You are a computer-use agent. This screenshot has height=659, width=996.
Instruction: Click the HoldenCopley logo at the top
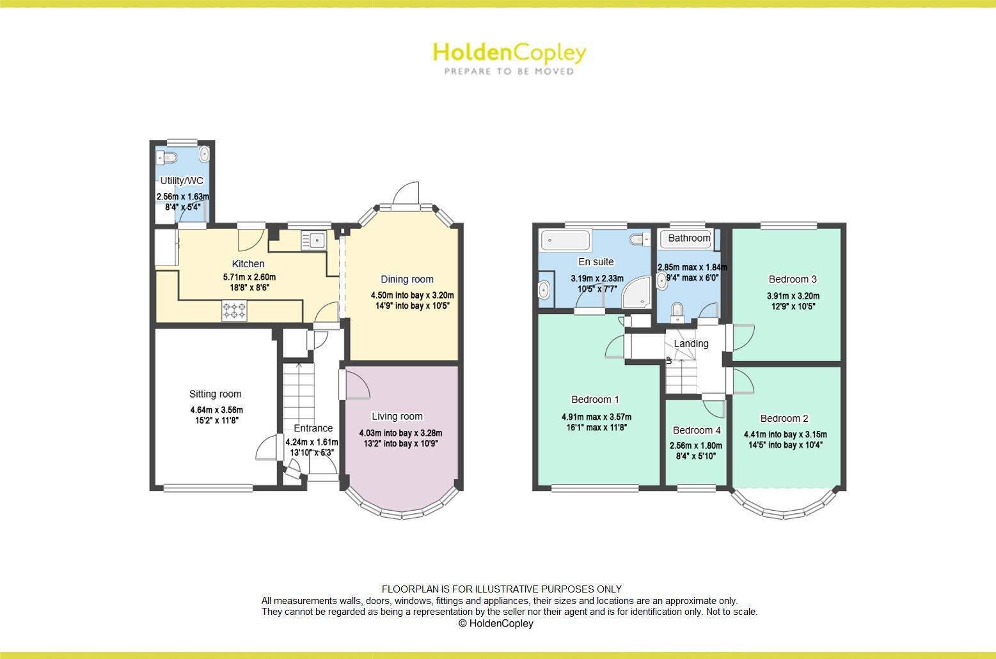pos(509,52)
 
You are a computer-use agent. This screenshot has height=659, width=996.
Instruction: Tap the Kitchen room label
pos(248,264)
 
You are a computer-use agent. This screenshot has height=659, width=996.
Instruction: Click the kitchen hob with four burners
pos(234,312)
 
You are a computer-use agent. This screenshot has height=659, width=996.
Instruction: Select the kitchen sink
pos(315,240)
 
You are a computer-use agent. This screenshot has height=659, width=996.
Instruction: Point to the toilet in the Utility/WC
pos(168,157)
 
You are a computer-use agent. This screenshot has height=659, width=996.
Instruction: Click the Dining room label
pos(407,279)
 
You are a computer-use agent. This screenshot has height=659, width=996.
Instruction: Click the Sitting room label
pos(215,394)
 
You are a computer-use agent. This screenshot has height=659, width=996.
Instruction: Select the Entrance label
pos(313,428)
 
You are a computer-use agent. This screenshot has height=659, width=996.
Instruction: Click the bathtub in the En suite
pos(565,241)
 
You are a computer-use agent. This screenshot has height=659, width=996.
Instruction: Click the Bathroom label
pos(689,238)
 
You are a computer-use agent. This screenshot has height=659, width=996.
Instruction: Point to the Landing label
pos(691,344)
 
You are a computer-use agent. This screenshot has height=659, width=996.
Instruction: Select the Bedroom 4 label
pos(697,430)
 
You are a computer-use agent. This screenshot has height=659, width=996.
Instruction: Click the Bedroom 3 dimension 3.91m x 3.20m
pos(793,296)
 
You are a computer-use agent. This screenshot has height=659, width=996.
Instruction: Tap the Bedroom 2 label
pos(784,419)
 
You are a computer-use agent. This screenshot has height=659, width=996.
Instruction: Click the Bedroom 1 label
pos(595,399)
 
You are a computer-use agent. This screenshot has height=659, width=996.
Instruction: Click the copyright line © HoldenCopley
pos(496,623)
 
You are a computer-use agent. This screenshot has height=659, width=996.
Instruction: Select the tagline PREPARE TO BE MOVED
pos(509,72)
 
